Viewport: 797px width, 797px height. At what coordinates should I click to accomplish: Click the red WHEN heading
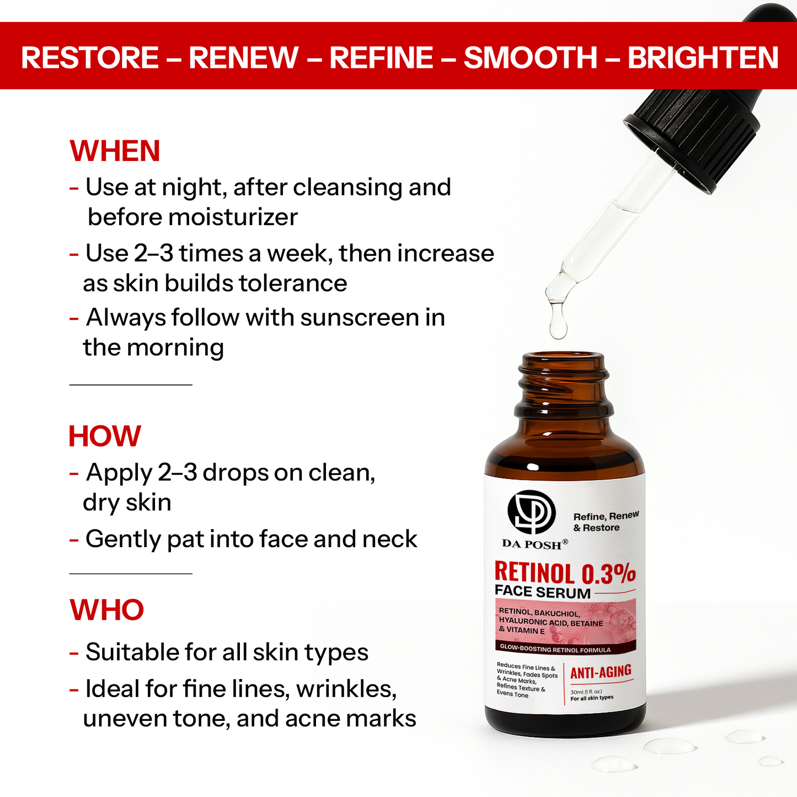tap(115, 151)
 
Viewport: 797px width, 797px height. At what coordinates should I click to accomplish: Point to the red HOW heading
tap(105, 436)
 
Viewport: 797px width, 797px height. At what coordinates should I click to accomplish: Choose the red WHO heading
tap(106, 610)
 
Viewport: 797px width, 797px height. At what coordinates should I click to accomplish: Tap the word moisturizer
tap(233, 217)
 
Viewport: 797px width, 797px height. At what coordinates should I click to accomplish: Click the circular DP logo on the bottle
tap(532, 512)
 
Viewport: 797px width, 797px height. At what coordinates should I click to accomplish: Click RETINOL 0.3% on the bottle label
tap(565, 574)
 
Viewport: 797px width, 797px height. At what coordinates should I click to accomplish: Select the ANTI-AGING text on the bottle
tap(601, 672)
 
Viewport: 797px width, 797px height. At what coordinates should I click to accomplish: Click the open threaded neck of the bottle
tap(564, 384)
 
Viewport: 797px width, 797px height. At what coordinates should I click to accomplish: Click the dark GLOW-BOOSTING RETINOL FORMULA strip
tap(565, 649)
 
